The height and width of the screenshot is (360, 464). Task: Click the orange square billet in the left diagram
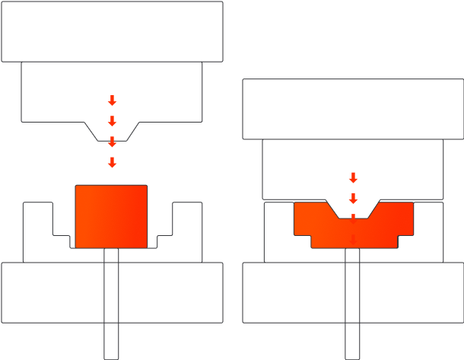pos(111,216)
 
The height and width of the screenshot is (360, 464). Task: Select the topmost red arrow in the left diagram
pos(112,100)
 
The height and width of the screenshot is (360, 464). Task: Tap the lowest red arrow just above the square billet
pos(112,162)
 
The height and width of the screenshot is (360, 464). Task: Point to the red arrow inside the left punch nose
pos(112,142)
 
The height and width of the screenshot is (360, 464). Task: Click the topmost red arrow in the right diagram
pos(353,177)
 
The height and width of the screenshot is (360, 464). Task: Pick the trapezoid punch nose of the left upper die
pos(112,132)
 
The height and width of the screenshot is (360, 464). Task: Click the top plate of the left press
pos(112,31)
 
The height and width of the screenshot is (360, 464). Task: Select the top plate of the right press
pos(353,109)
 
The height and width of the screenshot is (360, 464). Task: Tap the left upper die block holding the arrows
pos(61,91)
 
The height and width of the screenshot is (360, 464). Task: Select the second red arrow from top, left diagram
pos(112,121)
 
